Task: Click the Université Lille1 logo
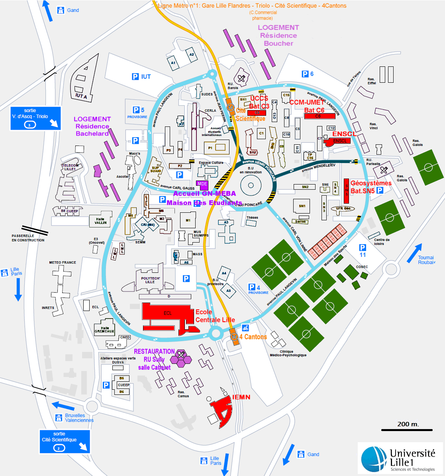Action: pyautogui.click(x=400, y=459)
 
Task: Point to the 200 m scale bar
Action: pyautogui.click(x=407, y=429)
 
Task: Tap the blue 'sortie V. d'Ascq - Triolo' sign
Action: pyautogui.click(x=35, y=119)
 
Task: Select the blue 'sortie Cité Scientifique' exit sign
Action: pyautogui.click(x=65, y=441)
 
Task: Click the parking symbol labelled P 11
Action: pyautogui.click(x=363, y=251)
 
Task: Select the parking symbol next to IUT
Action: pyautogui.click(x=135, y=76)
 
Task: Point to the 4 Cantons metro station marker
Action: pyautogui.click(x=234, y=337)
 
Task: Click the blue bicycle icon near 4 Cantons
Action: pyautogui.click(x=245, y=328)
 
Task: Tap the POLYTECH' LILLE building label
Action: pyautogui.click(x=150, y=280)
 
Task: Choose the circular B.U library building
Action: pyautogui.click(x=251, y=185)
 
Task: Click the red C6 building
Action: pyautogui.click(x=320, y=116)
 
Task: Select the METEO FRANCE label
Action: pyautogui.click(x=63, y=262)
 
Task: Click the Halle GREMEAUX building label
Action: pyautogui.click(x=104, y=330)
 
